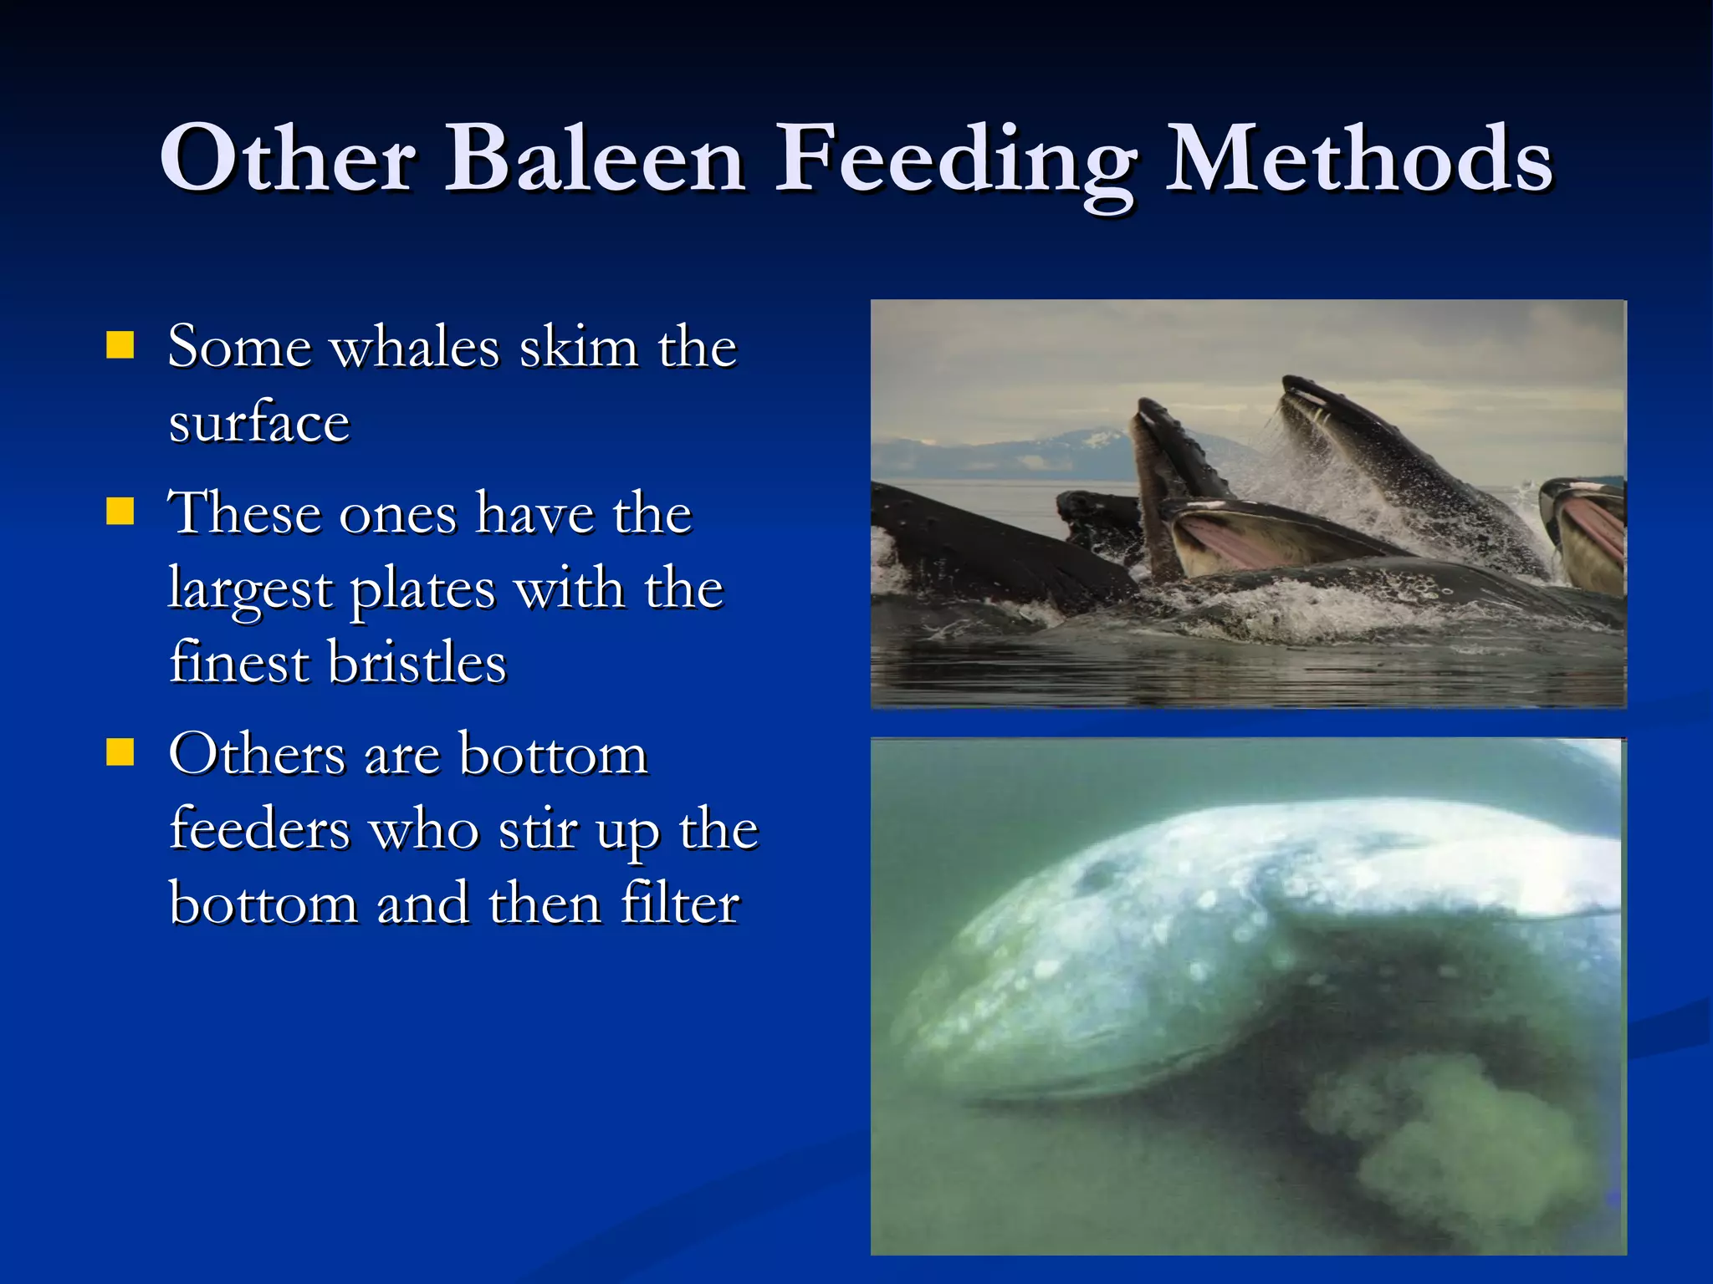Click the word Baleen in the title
pyautogui.click(x=594, y=159)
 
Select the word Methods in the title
pyautogui.click(x=1358, y=159)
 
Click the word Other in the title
pyautogui.click(x=288, y=159)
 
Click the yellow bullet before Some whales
pyautogui.click(x=120, y=344)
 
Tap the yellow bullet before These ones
pyautogui.click(x=120, y=511)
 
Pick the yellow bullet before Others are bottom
pyautogui.click(x=120, y=752)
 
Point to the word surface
pyautogui.click(x=258, y=422)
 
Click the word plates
pyautogui.click(x=422, y=589)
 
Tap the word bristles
pyautogui.click(x=417, y=663)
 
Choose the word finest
pyautogui.click(x=239, y=663)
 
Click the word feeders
pyautogui.click(x=259, y=830)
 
